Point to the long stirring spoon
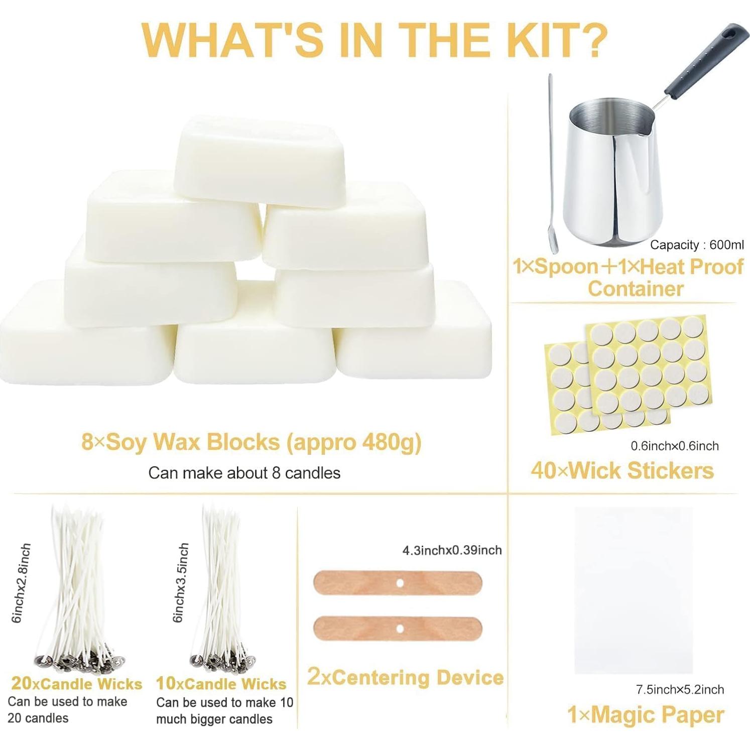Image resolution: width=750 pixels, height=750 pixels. (553, 166)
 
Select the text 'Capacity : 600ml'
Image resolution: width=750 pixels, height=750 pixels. (697, 245)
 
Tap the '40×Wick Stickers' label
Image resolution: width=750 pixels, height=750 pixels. (622, 470)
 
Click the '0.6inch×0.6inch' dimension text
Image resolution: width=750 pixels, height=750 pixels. (674, 446)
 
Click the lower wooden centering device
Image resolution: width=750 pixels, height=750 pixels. (397, 629)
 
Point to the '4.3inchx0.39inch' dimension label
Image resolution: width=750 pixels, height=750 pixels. (452, 550)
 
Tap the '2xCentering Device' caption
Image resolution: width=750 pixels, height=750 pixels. (405, 677)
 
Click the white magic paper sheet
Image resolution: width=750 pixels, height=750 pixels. (634, 590)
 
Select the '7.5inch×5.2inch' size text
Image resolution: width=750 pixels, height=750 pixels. (680, 689)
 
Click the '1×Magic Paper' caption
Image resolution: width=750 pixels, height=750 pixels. (646, 715)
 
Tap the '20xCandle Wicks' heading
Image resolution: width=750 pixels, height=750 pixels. (77, 684)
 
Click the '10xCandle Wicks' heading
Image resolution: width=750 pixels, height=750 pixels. (221, 684)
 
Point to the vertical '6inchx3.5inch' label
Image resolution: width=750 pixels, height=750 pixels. (181, 582)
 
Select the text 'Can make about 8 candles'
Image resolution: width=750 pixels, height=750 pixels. (244, 473)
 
